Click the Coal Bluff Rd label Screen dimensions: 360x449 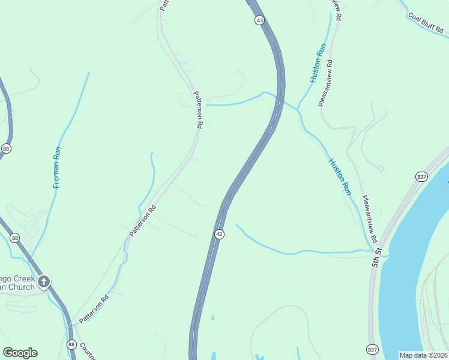coord(426,23)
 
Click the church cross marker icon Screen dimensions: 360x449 coord(43,281)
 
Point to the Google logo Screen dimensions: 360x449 coord(20,353)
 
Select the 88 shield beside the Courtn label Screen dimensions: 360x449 coord(71,344)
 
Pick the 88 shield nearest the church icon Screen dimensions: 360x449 coord(15,238)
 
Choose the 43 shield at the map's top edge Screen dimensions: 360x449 coord(259,20)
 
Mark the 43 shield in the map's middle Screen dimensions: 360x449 coord(219,234)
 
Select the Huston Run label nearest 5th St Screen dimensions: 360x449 coord(339,176)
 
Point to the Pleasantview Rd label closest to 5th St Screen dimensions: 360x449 coord(369,214)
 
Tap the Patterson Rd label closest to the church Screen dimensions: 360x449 coord(94,309)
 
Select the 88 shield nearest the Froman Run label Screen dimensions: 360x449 coord(6,148)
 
